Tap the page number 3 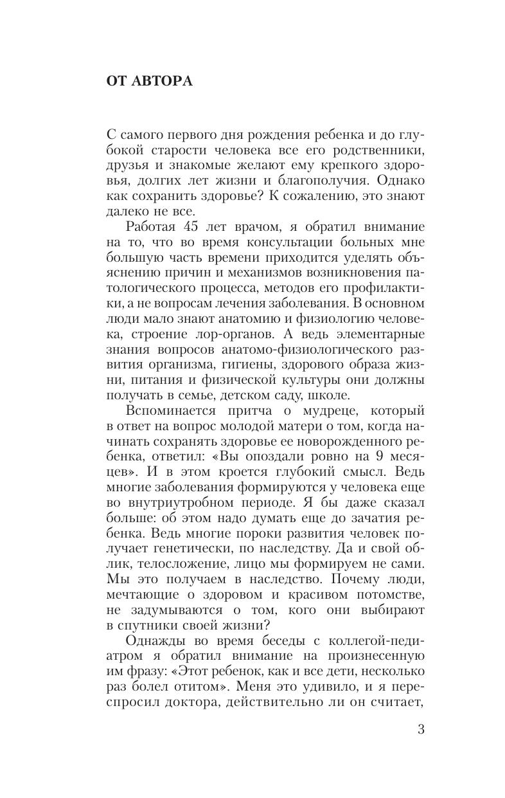(421, 729)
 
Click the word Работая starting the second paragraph (155, 228)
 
